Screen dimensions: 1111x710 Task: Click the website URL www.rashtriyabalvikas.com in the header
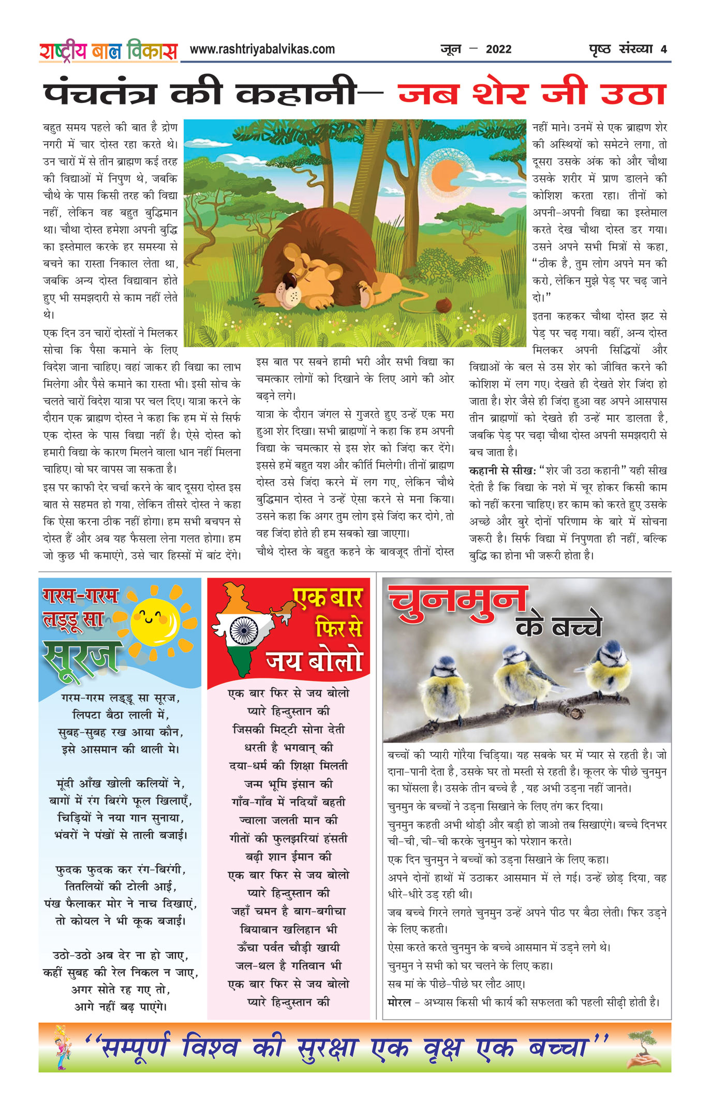click(x=262, y=49)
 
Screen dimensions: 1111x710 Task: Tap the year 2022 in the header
click(x=498, y=49)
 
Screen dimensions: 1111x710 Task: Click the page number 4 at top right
click(x=663, y=49)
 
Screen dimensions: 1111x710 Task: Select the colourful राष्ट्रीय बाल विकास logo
click(x=108, y=51)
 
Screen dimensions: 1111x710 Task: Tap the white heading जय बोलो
click(x=314, y=661)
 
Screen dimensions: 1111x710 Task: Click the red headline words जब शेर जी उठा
click(x=531, y=95)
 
